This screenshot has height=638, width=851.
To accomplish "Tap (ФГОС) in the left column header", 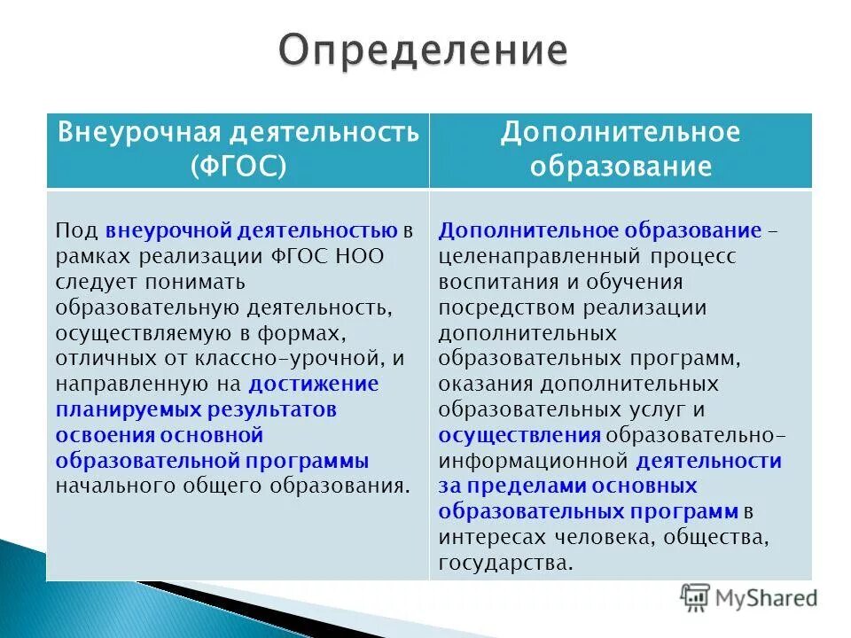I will coord(238,167).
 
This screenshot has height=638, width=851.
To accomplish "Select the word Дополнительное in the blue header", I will coord(620,133).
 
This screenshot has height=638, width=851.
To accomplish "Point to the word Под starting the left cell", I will coord(77,232).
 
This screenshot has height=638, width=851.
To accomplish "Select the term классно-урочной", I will coord(286,359).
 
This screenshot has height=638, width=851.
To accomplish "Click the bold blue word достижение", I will coord(314,385).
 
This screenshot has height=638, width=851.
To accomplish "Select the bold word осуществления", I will coord(519,436).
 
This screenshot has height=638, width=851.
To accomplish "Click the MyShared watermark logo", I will coord(749,596).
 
